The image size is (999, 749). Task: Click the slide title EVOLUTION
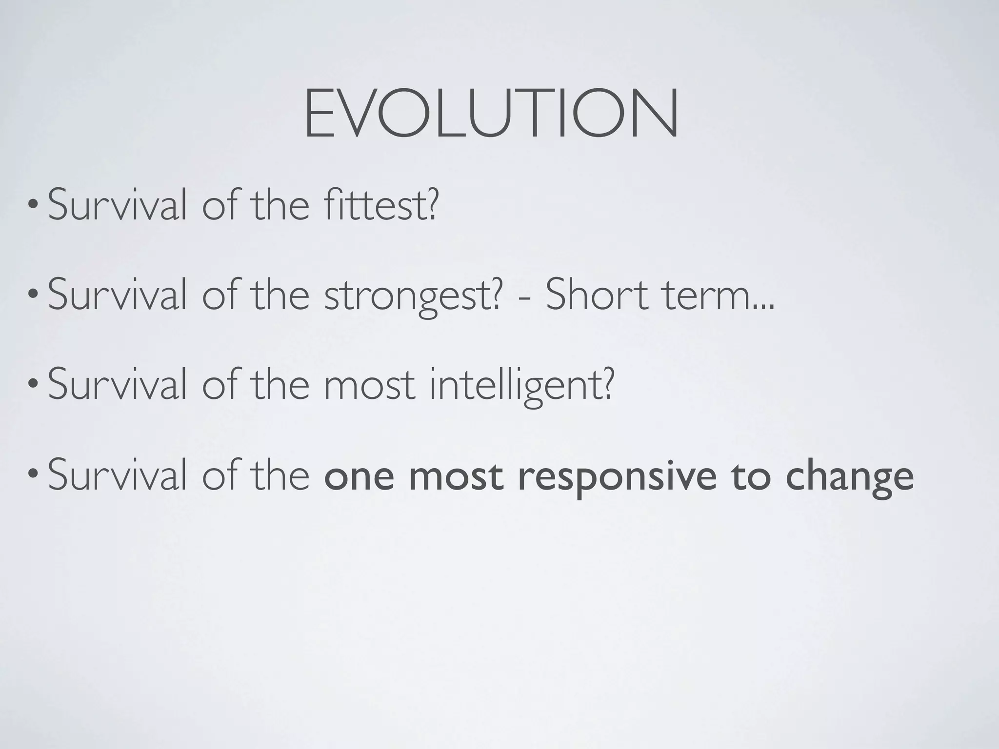(x=491, y=114)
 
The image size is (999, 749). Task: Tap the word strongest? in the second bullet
(x=413, y=296)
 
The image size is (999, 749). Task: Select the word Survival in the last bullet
(x=117, y=477)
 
